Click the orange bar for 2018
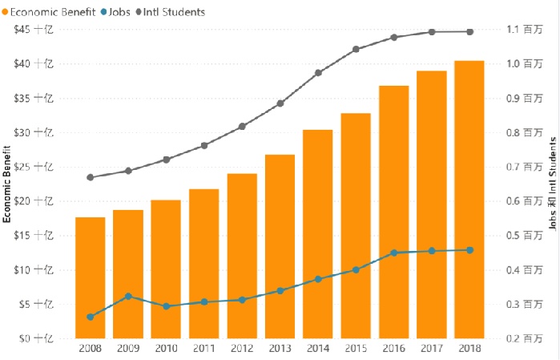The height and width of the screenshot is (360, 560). coord(469,200)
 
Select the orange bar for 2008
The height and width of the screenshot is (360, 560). coord(90,277)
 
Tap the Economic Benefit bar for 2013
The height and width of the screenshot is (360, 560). coord(280,247)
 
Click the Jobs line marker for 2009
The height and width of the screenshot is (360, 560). coord(128,297)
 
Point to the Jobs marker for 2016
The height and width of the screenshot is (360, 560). coord(394,253)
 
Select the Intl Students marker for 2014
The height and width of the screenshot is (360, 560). coord(318,73)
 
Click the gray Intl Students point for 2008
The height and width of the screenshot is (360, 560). coord(91,177)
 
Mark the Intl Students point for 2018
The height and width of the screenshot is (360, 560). coord(470,32)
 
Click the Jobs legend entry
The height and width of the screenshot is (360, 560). coord(115,12)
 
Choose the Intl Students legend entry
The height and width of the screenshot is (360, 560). coord(171,12)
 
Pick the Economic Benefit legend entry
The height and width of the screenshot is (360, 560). coord(49,12)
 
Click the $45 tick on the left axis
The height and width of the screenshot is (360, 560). coord(33,30)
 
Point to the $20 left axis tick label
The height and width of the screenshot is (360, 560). coord(33,201)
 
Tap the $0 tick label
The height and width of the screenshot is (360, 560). coord(36,338)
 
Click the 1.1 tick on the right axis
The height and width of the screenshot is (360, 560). coord(524,30)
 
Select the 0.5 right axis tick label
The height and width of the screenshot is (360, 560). coord(524,236)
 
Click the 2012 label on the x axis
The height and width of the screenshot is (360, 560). coord(242,348)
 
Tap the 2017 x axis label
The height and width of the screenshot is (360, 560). coord(432,348)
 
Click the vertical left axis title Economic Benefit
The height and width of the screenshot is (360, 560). coord(6,184)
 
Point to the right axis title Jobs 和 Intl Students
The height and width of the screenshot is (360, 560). coord(553,184)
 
